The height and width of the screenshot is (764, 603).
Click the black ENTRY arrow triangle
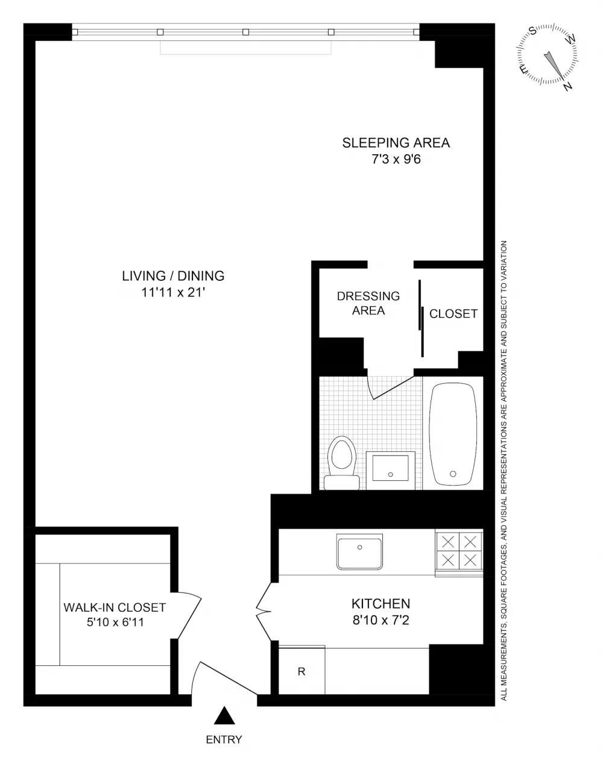[224, 715]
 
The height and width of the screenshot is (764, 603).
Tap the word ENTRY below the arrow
[224, 739]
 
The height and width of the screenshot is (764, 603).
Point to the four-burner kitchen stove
[459, 553]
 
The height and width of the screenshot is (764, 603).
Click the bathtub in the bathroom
[453, 434]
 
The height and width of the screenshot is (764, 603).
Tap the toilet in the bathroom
[342, 463]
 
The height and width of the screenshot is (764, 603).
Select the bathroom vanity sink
[391, 471]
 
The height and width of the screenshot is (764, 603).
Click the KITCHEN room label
[381, 604]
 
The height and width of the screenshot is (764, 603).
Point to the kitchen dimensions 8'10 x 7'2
[381, 620]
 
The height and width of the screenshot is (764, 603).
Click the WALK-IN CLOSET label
[115, 607]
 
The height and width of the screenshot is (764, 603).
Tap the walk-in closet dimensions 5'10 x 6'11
[115, 622]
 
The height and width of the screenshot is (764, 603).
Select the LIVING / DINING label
[173, 276]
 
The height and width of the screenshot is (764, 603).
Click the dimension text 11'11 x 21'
[174, 292]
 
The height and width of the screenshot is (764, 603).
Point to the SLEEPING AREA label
[396, 143]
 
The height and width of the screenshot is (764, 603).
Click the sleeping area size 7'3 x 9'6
[396, 159]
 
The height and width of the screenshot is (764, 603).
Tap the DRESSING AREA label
[368, 303]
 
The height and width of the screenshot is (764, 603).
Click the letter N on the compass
[568, 86]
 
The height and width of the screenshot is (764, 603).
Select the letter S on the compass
[533, 31]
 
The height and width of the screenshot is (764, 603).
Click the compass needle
[554, 65]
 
